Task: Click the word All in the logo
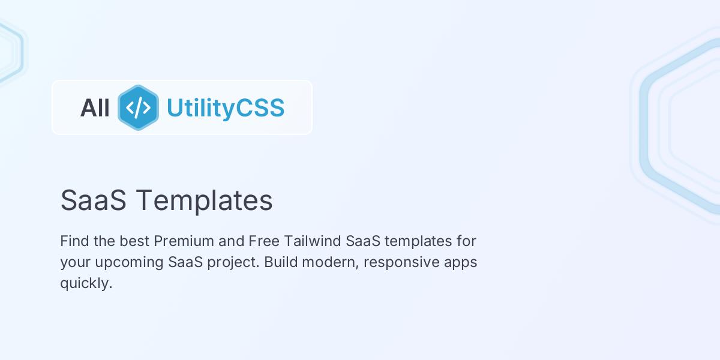[x=95, y=108]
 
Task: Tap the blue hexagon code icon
[x=138, y=107]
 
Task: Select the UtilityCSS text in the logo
[x=225, y=108]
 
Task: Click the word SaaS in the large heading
[x=93, y=200]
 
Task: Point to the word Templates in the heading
[x=204, y=200]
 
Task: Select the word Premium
[x=184, y=241]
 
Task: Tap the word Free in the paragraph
[x=263, y=241]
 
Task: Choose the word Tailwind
[x=312, y=241]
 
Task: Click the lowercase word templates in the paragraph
[x=418, y=241]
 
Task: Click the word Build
[x=280, y=262]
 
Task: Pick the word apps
[x=462, y=263]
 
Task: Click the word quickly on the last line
[x=86, y=283]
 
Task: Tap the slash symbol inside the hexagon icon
[x=138, y=107]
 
